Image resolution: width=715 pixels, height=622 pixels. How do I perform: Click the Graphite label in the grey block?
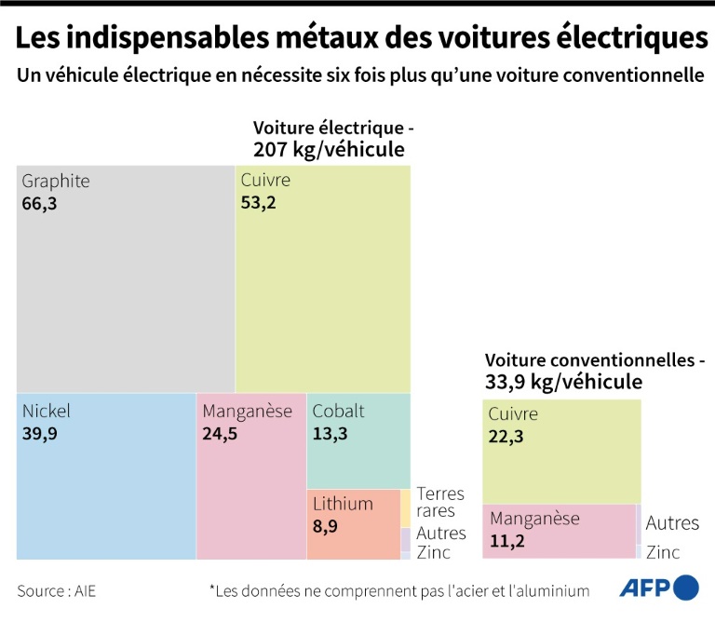[56, 181]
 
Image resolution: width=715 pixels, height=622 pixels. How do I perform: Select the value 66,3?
[39, 203]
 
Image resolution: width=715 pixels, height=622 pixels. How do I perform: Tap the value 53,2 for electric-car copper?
[259, 203]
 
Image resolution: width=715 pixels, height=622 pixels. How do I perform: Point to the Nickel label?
[47, 411]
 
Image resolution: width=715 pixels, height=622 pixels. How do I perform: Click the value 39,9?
[40, 433]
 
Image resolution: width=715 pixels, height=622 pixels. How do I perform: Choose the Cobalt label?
[338, 411]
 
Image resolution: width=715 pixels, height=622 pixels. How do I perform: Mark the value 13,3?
[331, 433]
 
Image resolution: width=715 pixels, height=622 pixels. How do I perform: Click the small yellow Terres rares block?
[406, 507]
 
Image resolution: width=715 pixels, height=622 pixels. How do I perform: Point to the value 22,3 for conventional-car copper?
[506, 437]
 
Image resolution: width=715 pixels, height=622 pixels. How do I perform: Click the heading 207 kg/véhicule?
[329, 149]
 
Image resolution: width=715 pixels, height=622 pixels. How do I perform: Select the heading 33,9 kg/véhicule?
[563, 380]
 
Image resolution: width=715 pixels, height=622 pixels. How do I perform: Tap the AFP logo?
[658, 588]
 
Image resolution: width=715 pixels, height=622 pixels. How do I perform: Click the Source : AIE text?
[55, 590]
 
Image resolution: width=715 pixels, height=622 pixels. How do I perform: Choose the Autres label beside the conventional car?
[672, 523]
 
